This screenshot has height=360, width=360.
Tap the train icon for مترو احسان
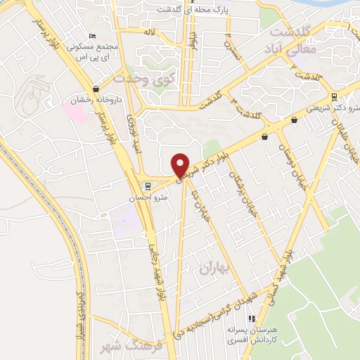tap(148, 187)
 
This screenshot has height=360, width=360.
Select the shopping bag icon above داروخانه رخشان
tap(96, 89)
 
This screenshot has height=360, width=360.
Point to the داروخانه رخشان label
tap(93, 101)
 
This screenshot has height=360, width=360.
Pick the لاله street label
tap(148, 32)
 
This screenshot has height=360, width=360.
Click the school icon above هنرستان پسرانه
tap(233, 319)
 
